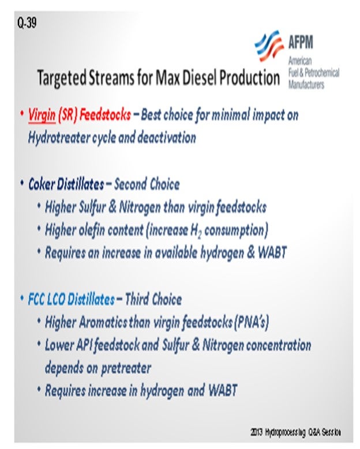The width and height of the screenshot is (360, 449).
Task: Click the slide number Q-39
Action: click(x=27, y=22)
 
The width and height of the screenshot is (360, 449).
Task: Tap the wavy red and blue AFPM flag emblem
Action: click(x=269, y=45)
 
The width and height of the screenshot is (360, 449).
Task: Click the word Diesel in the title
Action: click(x=199, y=78)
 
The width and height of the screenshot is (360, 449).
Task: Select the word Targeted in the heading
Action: click(x=62, y=78)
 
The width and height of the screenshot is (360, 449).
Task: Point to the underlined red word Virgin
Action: click(x=42, y=115)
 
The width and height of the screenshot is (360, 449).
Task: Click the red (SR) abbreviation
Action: click(x=67, y=115)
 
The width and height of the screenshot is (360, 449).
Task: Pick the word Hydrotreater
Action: click(x=59, y=138)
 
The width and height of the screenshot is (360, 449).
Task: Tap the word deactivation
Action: click(x=167, y=137)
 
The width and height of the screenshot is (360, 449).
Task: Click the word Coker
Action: click(x=42, y=184)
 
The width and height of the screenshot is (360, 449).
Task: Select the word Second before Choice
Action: click(x=130, y=184)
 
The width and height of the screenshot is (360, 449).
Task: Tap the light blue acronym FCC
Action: click(x=36, y=299)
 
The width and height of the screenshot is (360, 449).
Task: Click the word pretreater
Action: click(x=126, y=368)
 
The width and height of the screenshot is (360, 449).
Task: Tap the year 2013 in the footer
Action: click(x=256, y=432)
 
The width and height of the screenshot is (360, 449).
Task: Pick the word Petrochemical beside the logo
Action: click(x=322, y=73)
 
